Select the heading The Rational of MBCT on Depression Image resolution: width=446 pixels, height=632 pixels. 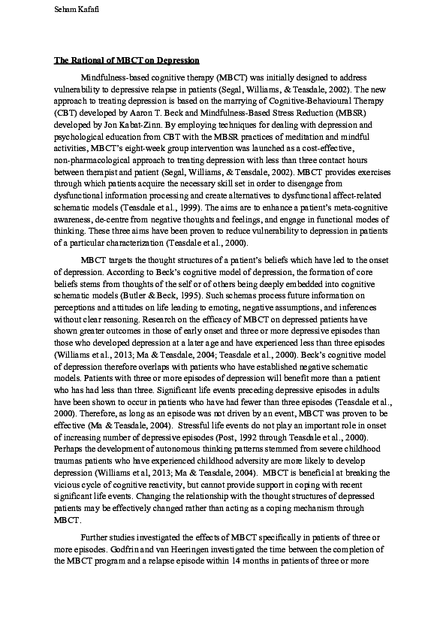point(126,59)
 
